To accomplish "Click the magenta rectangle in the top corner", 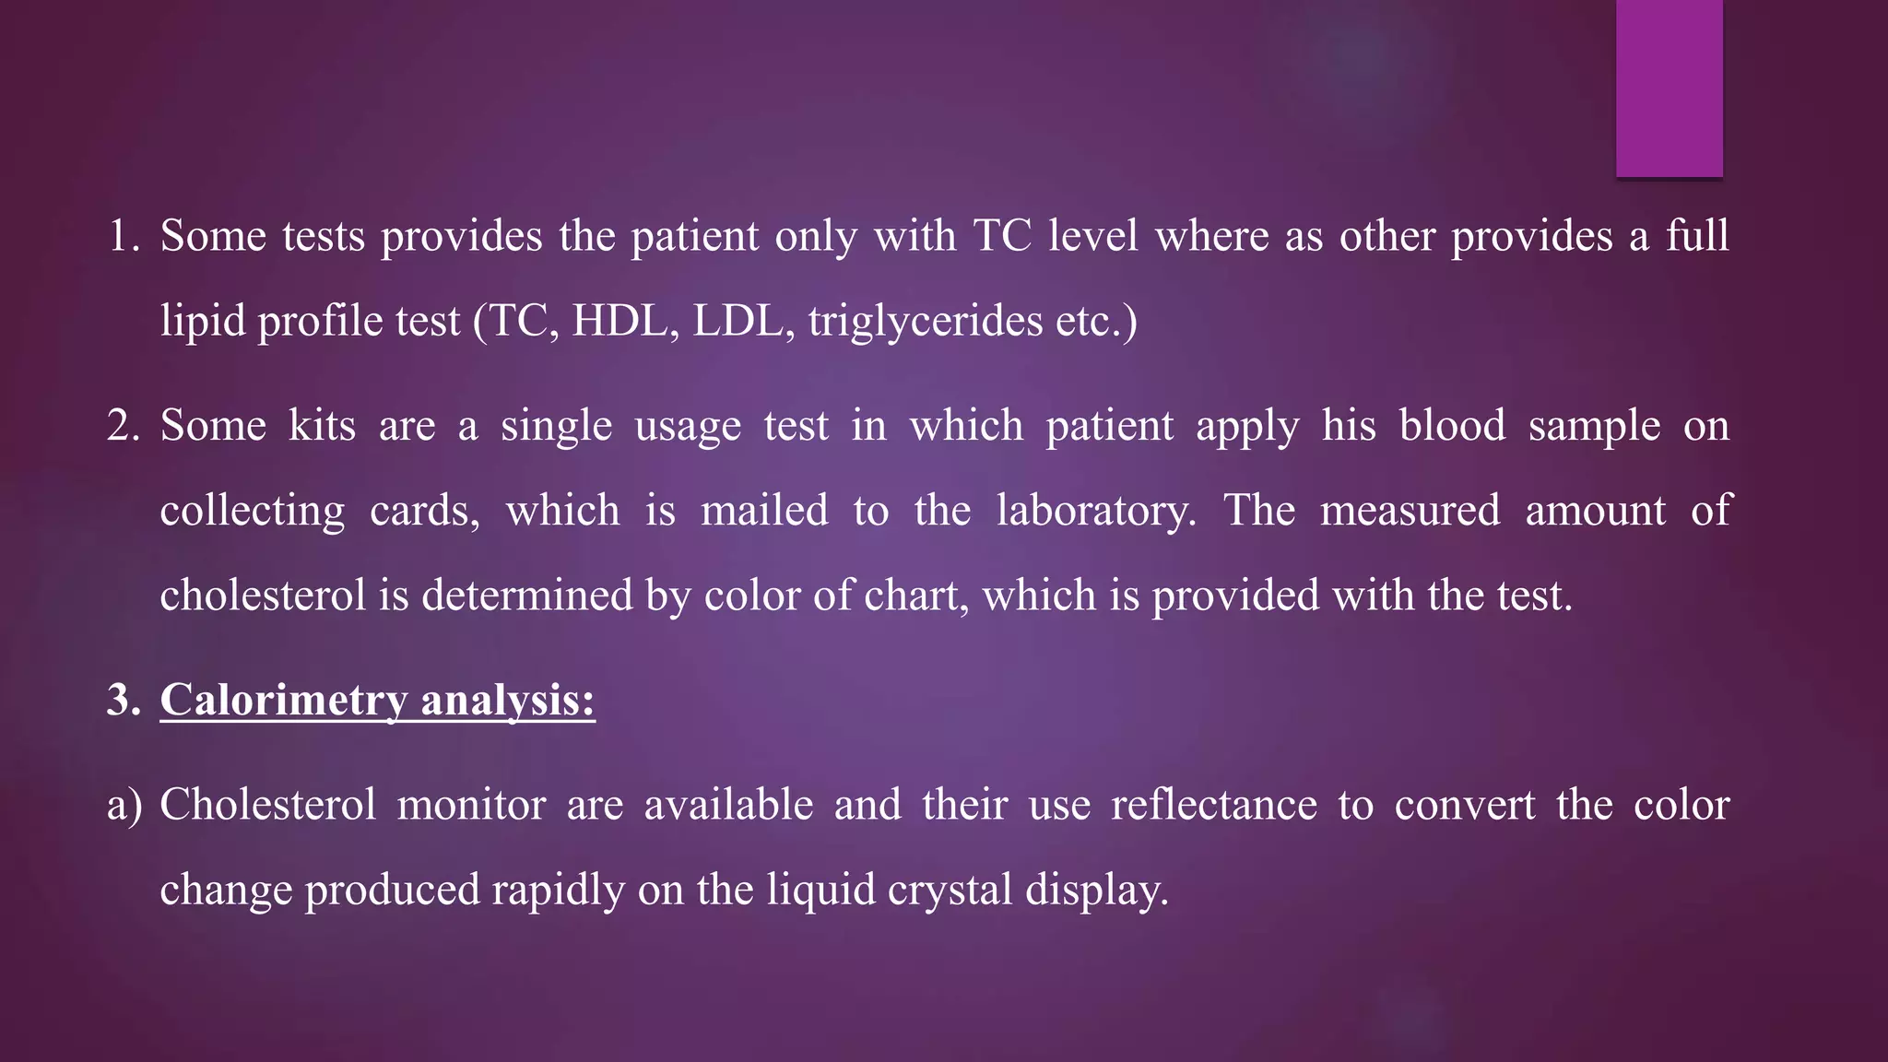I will tap(1669, 88).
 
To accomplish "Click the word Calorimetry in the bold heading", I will tap(283, 700).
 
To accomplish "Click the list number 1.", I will tap(122, 236).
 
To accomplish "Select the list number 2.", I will tap(122, 426).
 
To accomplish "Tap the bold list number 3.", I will tap(123, 700).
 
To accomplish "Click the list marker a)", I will tap(124, 805).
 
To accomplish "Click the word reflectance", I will tap(1214, 805).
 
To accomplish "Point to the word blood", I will tap(1452, 426).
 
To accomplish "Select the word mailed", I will tap(764, 511).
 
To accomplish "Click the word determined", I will tap(527, 596).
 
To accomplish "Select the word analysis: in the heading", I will tap(508, 700).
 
